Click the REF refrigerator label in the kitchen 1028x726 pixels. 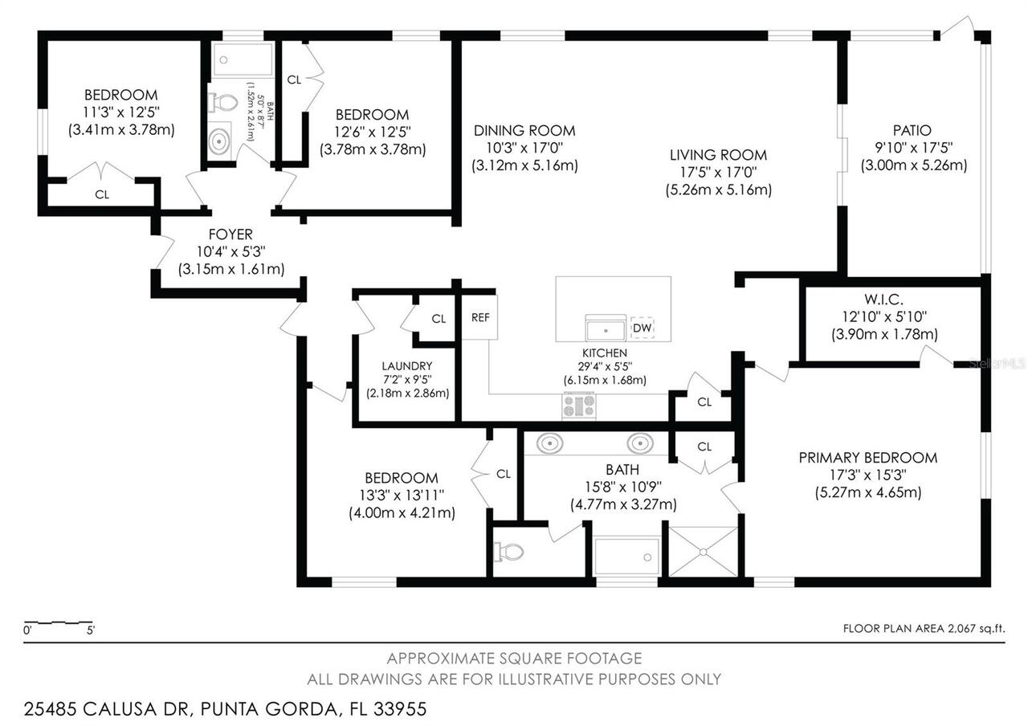480,317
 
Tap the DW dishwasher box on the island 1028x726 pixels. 642,328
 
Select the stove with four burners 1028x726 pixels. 578,406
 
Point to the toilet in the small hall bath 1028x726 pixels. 223,103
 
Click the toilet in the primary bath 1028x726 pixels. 509,552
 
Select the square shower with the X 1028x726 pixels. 703,551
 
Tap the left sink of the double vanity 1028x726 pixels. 549,443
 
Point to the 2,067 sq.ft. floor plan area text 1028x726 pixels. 924,629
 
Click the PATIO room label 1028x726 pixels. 912,130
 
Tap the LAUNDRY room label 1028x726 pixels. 407,366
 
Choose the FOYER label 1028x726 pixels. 230,235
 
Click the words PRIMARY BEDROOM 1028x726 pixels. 867,458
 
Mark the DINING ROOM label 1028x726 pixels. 524,131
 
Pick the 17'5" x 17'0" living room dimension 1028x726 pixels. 718,173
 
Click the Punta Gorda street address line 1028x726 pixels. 226,709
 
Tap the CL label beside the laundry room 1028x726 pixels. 439,319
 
